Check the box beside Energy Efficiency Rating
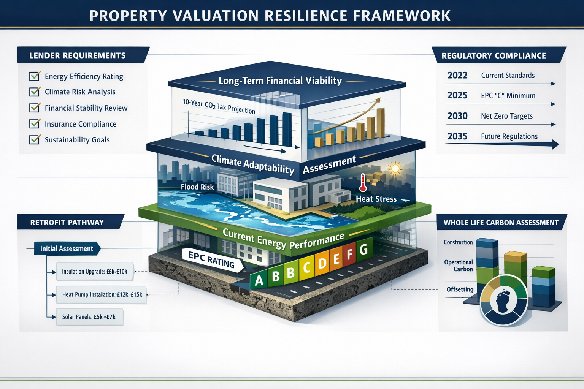click(x=35, y=76)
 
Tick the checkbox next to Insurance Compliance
click(x=35, y=124)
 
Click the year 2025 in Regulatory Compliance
click(x=457, y=95)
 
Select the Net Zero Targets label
click(x=506, y=116)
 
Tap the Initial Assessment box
click(x=67, y=248)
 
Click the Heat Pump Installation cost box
click(x=102, y=294)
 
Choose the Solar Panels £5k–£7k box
click(x=89, y=317)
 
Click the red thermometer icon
click(x=363, y=183)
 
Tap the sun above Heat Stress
click(x=395, y=168)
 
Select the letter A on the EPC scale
click(x=259, y=280)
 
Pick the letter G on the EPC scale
click(x=363, y=250)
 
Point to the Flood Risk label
click(x=197, y=187)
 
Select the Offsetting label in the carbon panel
click(x=460, y=289)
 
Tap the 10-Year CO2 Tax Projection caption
click(x=219, y=106)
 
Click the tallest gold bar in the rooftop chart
click(x=380, y=123)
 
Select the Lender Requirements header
click(x=78, y=55)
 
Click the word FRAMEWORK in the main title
click(x=402, y=16)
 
